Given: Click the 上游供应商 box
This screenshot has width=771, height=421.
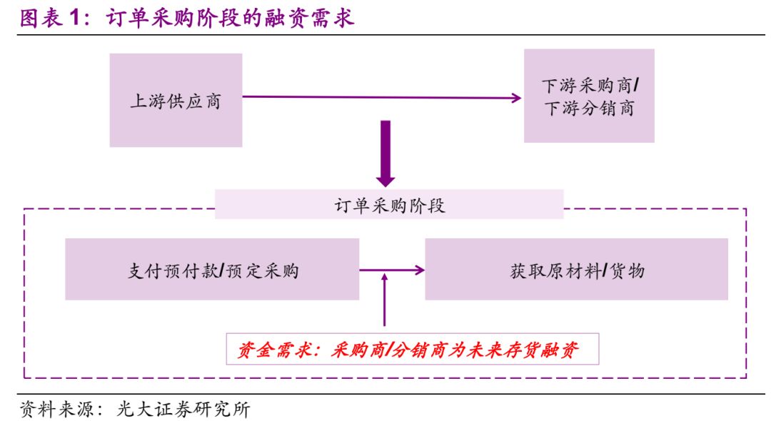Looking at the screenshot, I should point(176,101).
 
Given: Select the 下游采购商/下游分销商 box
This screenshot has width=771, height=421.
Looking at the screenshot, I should point(589,96).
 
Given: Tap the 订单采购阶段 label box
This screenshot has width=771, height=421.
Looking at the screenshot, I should point(389,205).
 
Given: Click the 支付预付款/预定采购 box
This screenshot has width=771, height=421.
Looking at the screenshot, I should point(212,270).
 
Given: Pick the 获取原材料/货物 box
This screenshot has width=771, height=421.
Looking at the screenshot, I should point(576,270).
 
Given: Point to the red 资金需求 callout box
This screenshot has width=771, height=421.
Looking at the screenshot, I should point(412,350).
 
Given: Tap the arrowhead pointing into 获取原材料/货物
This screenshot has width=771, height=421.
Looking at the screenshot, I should point(419,270).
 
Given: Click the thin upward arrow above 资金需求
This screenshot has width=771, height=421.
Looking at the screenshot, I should point(385,300).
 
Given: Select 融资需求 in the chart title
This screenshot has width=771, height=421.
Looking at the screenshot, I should point(312,19).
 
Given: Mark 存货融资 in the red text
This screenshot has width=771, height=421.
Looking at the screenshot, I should point(543,350).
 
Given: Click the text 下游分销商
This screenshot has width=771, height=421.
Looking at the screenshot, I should point(589,109).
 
